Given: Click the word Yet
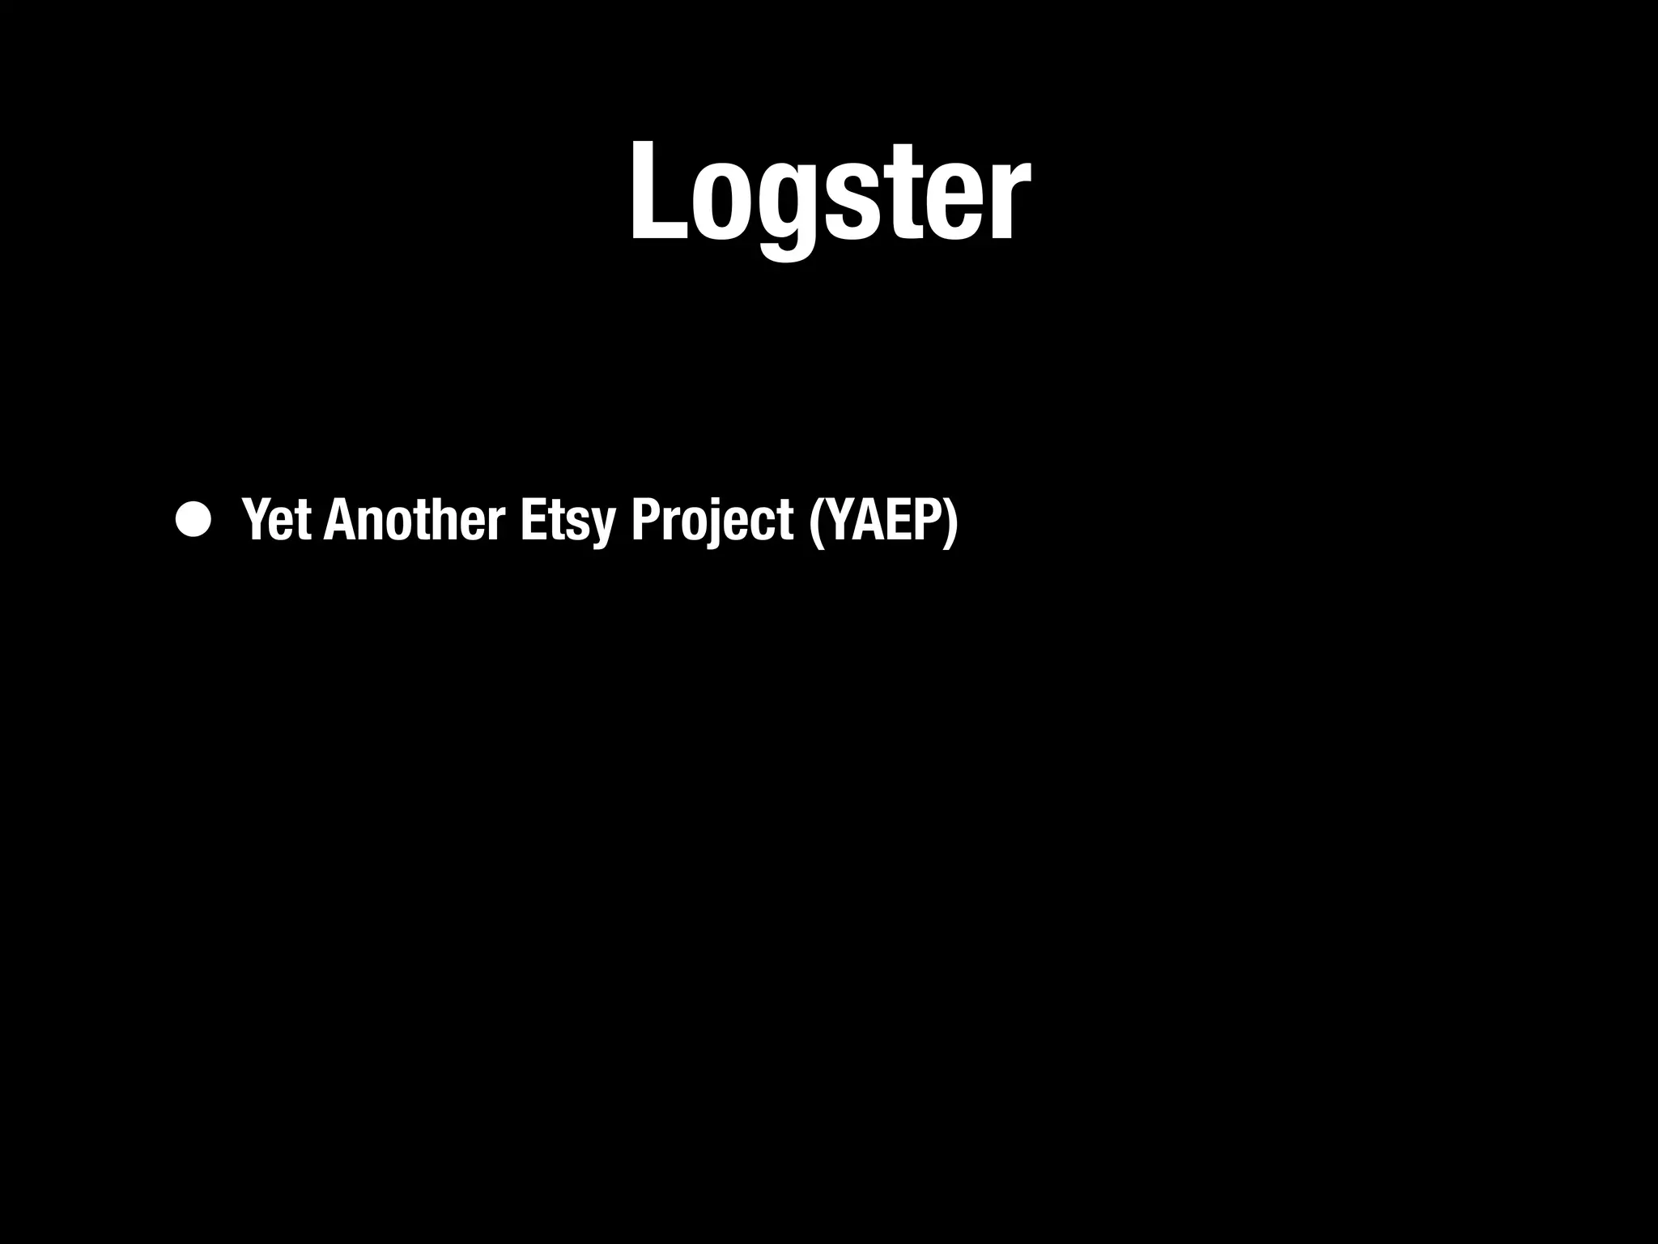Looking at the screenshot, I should point(276,519).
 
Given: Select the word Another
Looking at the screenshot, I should point(414,519).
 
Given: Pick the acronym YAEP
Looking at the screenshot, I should point(883,519).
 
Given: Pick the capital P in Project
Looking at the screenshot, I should point(645,519).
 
